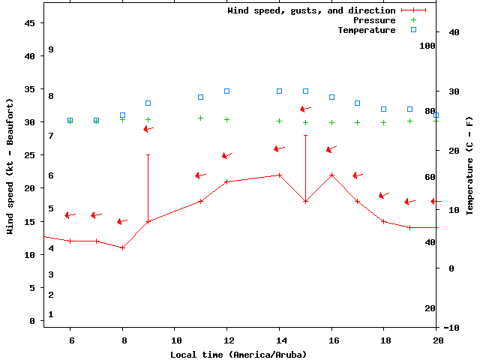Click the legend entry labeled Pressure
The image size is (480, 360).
(374, 20)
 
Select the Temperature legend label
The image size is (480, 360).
(366, 30)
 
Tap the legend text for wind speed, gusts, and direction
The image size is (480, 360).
(311, 10)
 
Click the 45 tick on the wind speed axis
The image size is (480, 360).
(31, 23)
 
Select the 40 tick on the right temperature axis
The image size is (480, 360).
(453, 32)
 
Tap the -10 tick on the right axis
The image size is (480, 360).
(452, 328)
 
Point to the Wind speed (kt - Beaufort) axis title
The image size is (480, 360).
(10, 166)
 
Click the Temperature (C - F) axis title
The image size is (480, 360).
(470, 166)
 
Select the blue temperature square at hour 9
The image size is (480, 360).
(148, 103)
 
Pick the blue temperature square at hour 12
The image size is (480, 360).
(226, 91)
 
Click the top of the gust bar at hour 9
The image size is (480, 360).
(148, 155)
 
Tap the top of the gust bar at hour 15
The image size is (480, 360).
(305, 136)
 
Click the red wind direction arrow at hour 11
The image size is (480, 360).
(200, 175)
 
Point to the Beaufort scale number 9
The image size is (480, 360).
(51, 49)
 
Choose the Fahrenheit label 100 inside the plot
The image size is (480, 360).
(428, 46)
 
